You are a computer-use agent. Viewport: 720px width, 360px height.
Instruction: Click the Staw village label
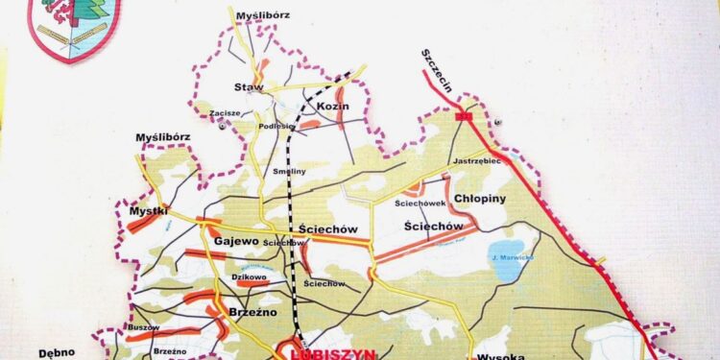[x=250, y=87]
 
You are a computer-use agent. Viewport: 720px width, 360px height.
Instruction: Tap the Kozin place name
[x=331, y=106]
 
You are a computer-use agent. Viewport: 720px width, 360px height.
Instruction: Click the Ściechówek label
[x=419, y=204]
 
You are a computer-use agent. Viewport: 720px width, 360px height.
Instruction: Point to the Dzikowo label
[x=248, y=275]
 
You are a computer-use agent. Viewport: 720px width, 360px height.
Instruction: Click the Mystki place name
[x=149, y=210]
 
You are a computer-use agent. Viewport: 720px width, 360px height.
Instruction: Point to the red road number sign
[x=467, y=116]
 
